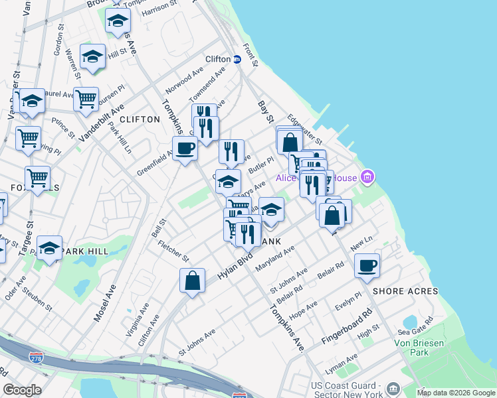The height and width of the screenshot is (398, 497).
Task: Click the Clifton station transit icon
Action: [237, 59]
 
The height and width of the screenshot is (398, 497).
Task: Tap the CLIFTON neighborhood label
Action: [140, 119]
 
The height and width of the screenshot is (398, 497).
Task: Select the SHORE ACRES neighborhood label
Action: [405, 291]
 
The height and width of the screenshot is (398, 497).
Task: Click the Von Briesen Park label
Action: [429, 348]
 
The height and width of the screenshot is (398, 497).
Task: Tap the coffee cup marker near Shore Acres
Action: [367, 266]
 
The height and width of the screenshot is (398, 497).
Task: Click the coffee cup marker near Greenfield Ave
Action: [185, 148]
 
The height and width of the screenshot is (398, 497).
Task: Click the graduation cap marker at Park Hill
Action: [49, 247]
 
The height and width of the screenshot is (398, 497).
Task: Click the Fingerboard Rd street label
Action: [347, 326]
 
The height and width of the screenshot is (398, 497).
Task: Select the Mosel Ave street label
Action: [104, 303]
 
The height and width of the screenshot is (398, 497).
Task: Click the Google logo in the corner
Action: [22, 390]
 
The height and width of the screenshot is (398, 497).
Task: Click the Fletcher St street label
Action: [174, 249]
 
